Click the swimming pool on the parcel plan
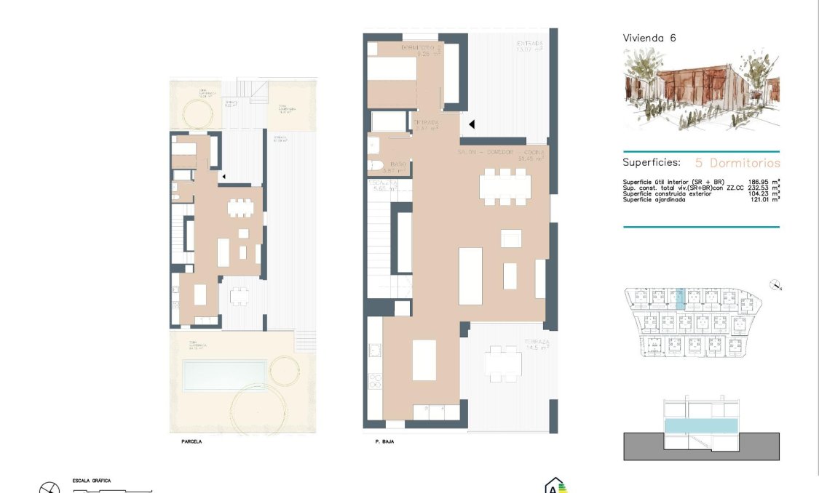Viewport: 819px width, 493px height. (224, 374)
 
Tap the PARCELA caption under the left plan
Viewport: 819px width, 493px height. (191, 441)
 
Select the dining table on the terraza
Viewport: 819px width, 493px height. (505, 363)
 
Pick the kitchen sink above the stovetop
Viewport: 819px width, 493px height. (376, 350)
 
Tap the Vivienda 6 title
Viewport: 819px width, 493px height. (649, 38)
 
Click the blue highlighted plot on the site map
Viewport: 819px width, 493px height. (680, 299)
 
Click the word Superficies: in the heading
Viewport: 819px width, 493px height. (651, 163)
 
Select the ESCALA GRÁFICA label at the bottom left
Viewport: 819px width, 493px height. (92, 481)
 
